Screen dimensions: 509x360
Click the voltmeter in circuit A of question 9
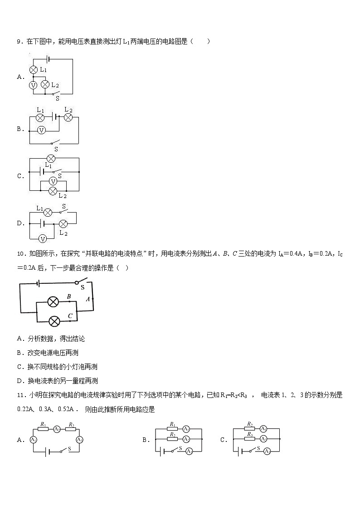tap(33, 85)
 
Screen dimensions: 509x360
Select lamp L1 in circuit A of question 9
tap(33, 70)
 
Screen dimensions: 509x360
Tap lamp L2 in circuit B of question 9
tap(68, 117)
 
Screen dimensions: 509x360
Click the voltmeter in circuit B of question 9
tap(41, 131)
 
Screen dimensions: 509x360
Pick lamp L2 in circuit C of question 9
tap(53, 190)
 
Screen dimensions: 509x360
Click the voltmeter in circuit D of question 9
tap(42, 238)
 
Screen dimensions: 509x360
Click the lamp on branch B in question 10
tap(54, 302)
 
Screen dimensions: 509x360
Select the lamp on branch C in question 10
tap(54, 321)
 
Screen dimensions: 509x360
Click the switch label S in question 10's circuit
tap(83, 287)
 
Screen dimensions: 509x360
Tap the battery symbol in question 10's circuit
tap(39, 283)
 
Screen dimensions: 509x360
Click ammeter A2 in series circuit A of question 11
tap(57, 429)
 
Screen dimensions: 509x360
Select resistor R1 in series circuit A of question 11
tap(43, 429)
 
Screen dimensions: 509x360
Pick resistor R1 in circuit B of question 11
tap(173, 429)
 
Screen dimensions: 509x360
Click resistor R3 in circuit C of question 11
tap(250, 439)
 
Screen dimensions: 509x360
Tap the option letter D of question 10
tap(19, 381)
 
